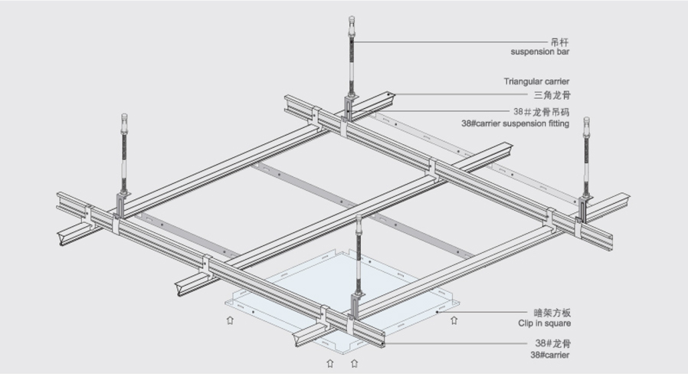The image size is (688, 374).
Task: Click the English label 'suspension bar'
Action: pos(539,52)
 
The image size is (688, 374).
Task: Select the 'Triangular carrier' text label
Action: pos(536,81)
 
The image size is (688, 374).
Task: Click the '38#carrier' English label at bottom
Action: pos(549,355)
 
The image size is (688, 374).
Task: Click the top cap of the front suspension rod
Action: pos(359,219)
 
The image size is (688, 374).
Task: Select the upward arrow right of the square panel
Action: pos(454,320)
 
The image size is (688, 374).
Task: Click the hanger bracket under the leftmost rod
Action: pos(122,205)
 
